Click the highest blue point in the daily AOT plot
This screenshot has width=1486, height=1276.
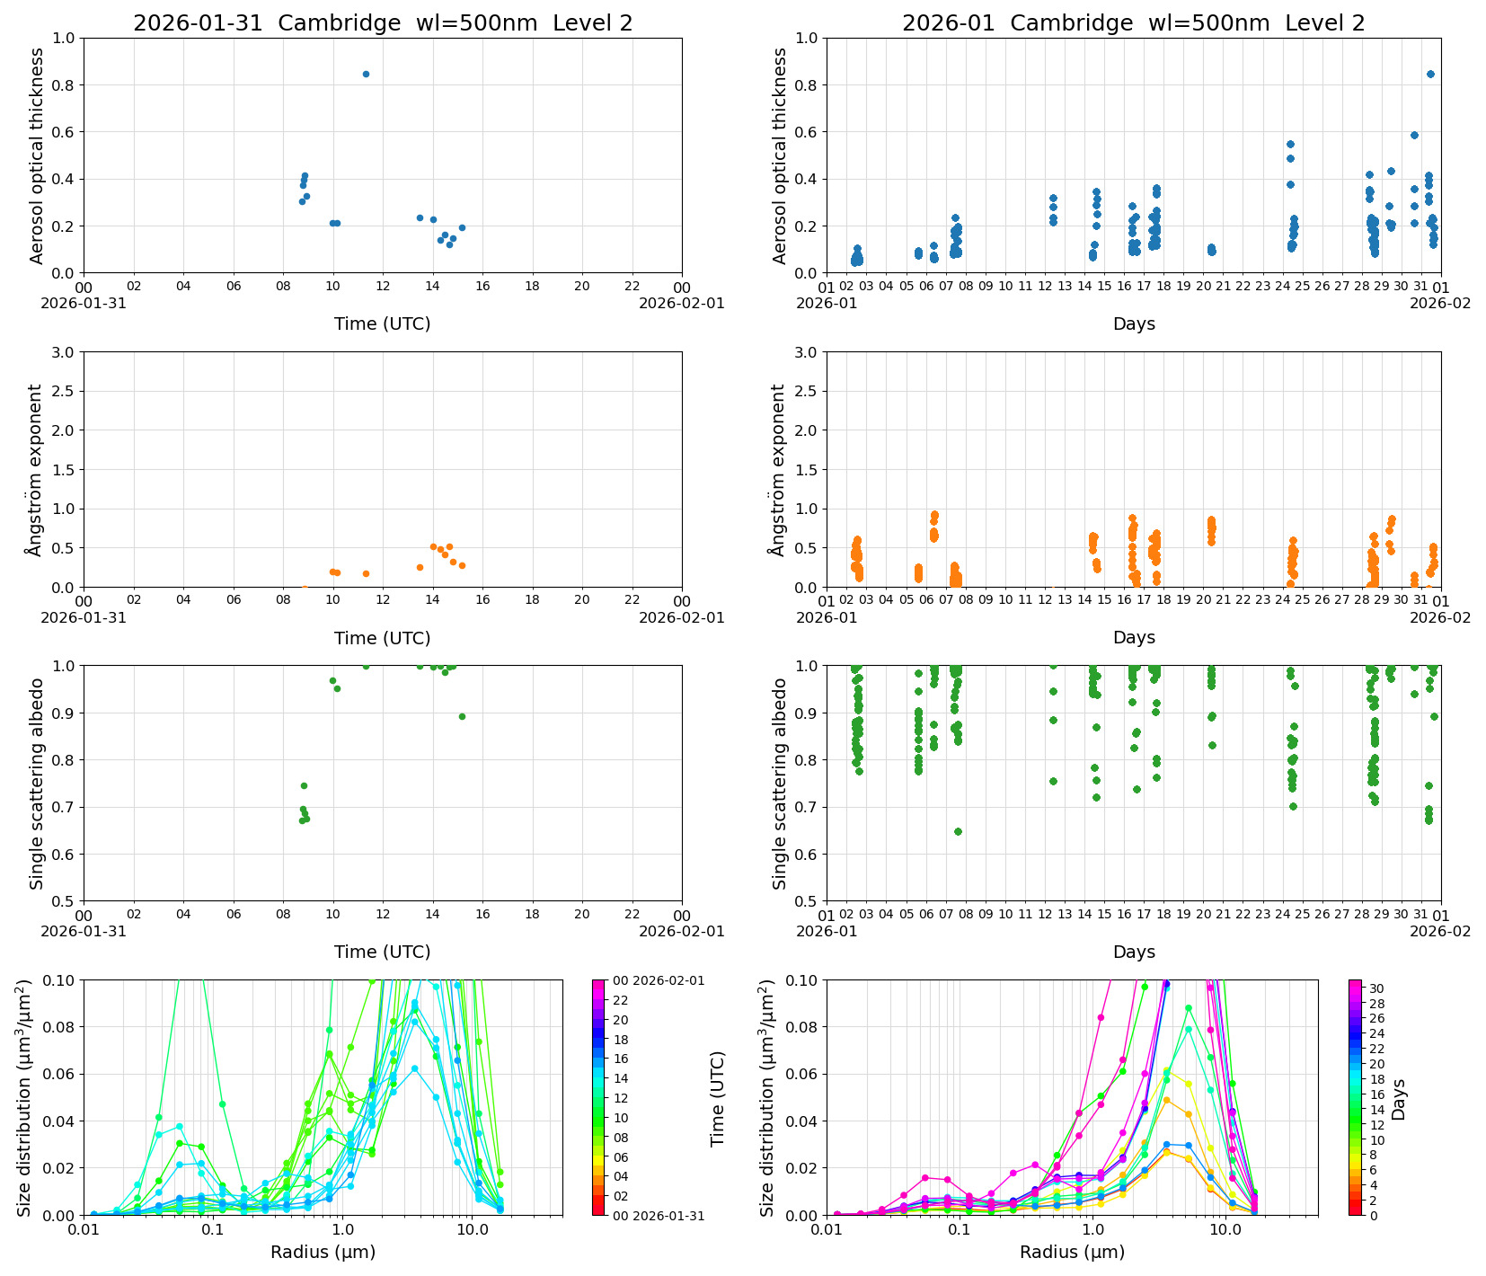[x=366, y=74]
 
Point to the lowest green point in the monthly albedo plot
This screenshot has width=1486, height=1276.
[x=958, y=831]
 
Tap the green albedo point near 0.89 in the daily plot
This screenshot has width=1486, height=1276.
[x=462, y=716]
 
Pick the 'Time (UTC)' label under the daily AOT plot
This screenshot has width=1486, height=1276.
[x=383, y=324]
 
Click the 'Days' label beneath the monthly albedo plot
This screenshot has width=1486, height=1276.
[x=1134, y=953]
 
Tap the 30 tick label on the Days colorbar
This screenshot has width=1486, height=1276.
[x=1376, y=988]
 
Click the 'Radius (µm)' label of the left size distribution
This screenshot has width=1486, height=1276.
[x=323, y=1252]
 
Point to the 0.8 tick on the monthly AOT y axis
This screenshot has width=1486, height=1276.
[x=805, y=85]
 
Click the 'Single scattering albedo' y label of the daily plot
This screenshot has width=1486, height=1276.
[x=37, y=784]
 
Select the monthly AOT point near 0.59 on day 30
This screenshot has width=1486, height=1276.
[x=1414, y=135]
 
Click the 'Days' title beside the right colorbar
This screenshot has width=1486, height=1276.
[x=1399, y=1098]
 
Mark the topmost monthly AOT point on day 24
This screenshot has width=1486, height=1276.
[x=1290, y=144]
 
